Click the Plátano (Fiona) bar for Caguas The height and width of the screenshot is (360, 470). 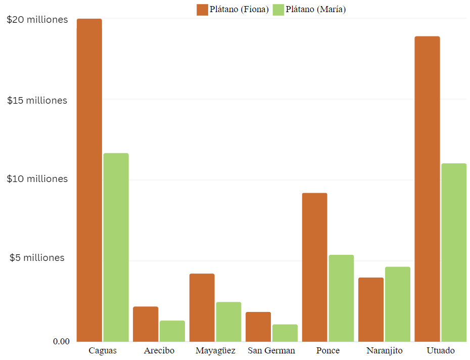[89, 180]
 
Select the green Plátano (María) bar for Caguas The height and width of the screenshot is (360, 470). [116, 247]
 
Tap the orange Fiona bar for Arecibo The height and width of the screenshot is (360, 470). [146, 324]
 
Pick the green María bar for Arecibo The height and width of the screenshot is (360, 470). [172, 331]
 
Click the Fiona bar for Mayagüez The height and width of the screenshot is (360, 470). [202, 307]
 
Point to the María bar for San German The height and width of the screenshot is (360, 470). [285, 333]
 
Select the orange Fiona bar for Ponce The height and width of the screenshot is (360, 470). [314, 267]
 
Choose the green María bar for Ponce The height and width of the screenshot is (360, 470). [341, 298]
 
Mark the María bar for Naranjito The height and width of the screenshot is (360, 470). [398, 304]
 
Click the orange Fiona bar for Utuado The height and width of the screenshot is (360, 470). [427, 189]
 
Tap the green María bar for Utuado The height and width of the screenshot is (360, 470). [454, 252]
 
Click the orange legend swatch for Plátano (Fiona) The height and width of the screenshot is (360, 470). [202, 9]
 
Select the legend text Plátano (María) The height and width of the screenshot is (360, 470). [316, 9]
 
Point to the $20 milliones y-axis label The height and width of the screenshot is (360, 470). [37, 20]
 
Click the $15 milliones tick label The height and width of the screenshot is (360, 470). [37, 101]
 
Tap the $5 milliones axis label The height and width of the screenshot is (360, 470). [37, 258]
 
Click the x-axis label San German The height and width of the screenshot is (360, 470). [271, 351]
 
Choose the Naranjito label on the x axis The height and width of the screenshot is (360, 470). [385, 351]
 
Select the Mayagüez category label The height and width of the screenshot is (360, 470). [215, 351]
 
